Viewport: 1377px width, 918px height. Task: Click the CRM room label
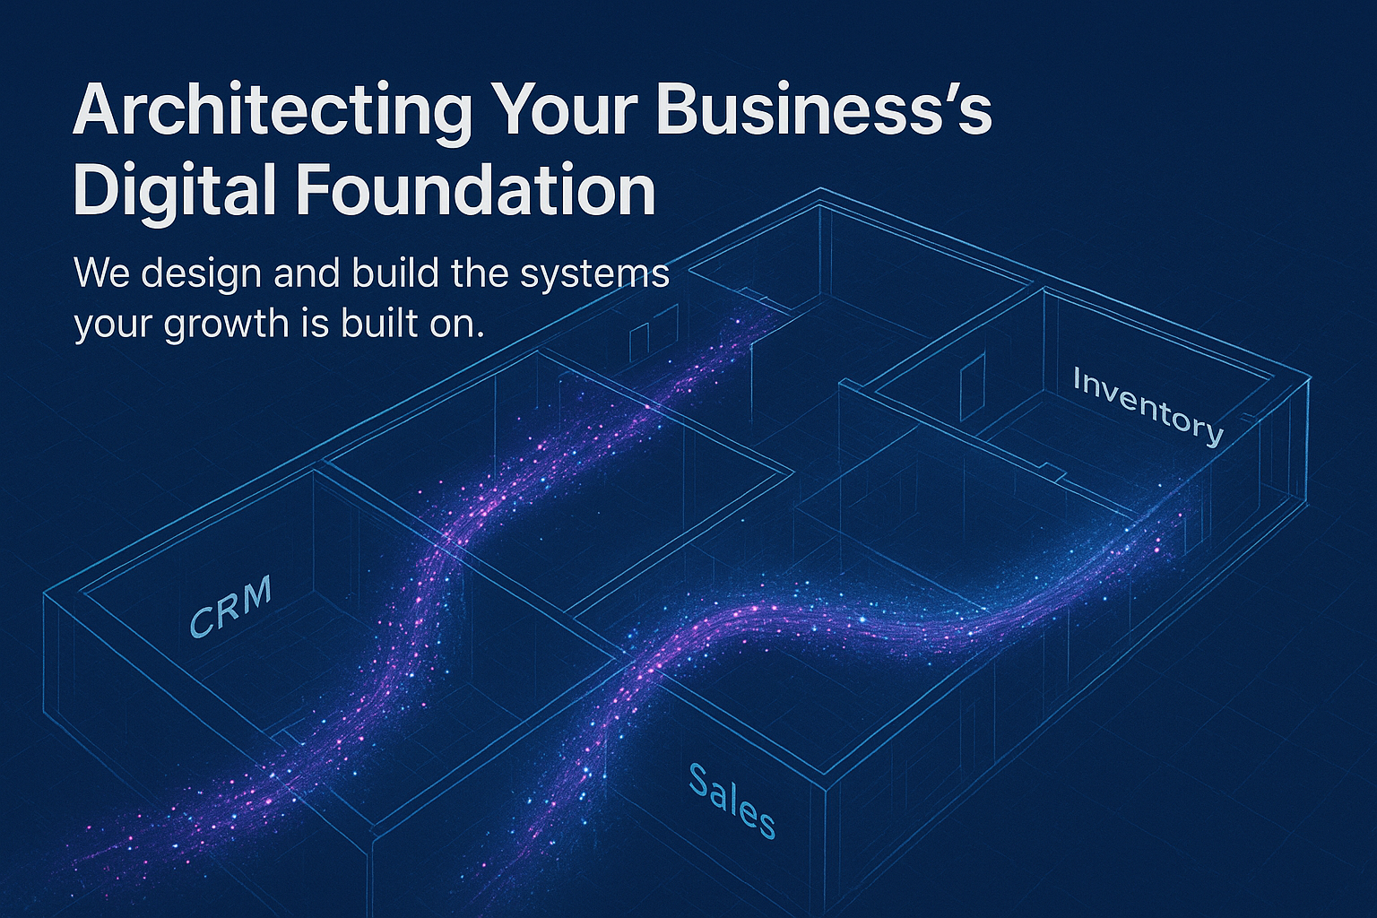(230, 607)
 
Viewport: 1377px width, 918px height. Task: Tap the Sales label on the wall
(732, 800)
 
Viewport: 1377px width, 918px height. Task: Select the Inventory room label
(1147, 406)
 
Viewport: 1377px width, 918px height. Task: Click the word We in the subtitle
(102, 273)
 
